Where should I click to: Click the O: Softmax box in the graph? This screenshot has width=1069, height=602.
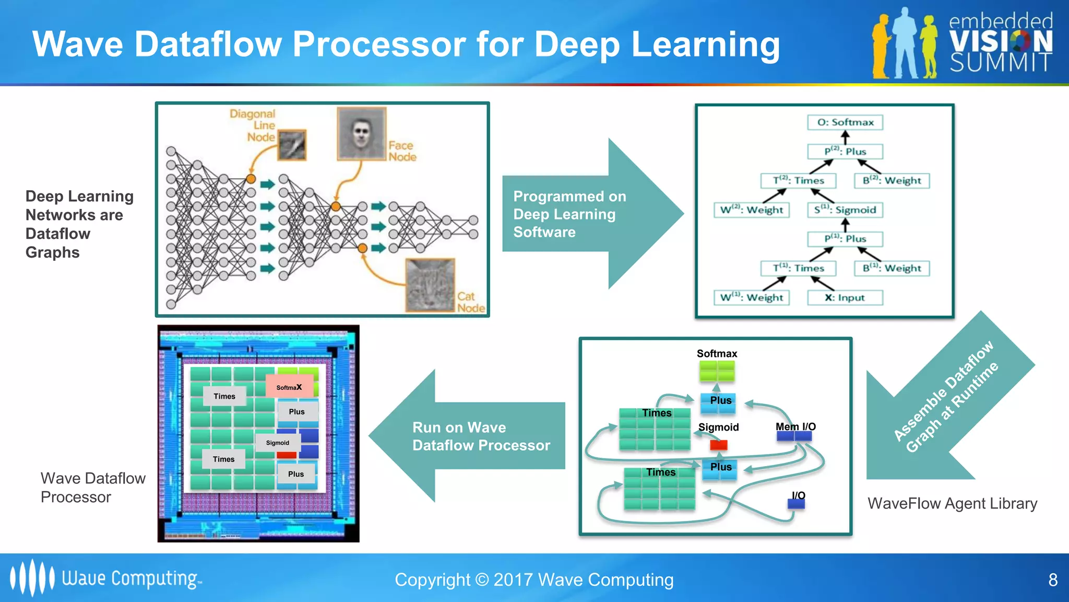coord(845,122)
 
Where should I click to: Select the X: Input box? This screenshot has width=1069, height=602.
coord(845,298)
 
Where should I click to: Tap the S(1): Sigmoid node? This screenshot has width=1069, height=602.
coord(845,210)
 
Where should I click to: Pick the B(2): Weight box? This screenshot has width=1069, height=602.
coord(892,181)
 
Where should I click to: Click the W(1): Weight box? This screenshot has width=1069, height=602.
coord(752,298)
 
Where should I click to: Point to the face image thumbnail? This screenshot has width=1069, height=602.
coord(361,133)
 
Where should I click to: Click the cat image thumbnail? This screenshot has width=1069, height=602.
coord(430,285)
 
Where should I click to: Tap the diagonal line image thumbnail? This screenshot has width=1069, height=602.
coord(292,145)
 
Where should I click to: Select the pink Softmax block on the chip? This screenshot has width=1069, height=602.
coord(290,387)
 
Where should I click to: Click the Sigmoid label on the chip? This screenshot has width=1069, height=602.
coord(278,443)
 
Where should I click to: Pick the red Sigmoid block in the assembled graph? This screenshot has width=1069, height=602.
coord(719,445)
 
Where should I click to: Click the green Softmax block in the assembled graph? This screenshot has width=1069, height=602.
coord(717,371)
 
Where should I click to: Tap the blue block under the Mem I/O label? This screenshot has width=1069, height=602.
coord(793,436)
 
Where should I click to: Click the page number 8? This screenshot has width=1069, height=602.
coord(1053,580)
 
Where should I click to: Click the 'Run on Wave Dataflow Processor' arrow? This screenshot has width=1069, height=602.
coord(470,436)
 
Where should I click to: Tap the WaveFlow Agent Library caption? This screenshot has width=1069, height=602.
coord(952,503)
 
